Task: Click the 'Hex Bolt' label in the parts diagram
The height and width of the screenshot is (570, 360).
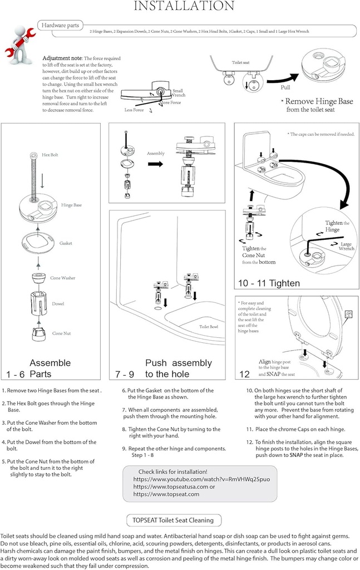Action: click(50, 154)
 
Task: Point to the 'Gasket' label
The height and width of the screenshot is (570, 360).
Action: click(66, 243)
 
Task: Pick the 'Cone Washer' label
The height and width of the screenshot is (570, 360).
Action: click(63, 278)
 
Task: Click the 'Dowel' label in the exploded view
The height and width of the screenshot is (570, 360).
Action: click(58, 304)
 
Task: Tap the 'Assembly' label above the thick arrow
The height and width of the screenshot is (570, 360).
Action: click(156, 153)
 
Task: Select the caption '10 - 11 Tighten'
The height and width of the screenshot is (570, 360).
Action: click(269, 283)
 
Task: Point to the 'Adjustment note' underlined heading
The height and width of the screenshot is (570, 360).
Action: click(62, 58)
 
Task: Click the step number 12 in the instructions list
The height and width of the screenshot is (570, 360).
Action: click(250, 441)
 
